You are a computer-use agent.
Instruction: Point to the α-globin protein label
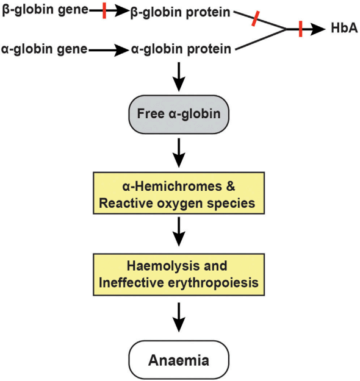coord(181,49)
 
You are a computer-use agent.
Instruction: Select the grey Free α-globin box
coord(178,113)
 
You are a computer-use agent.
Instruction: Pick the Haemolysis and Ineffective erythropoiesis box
coord(178,274)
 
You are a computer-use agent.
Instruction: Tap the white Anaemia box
coord(178,360)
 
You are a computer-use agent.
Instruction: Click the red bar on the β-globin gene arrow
coord(105,10)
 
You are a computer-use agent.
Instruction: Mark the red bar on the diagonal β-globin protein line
coord(256,18)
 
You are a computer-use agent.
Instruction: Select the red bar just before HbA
coord(301,28)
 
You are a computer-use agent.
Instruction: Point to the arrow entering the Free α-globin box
coord(178,76)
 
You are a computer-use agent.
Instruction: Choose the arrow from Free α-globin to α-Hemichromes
coord(178,153)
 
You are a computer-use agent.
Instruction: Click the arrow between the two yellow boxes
coord(178,232)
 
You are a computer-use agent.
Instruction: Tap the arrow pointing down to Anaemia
coord(178,317)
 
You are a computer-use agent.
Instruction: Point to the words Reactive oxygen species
coord(178,203)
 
